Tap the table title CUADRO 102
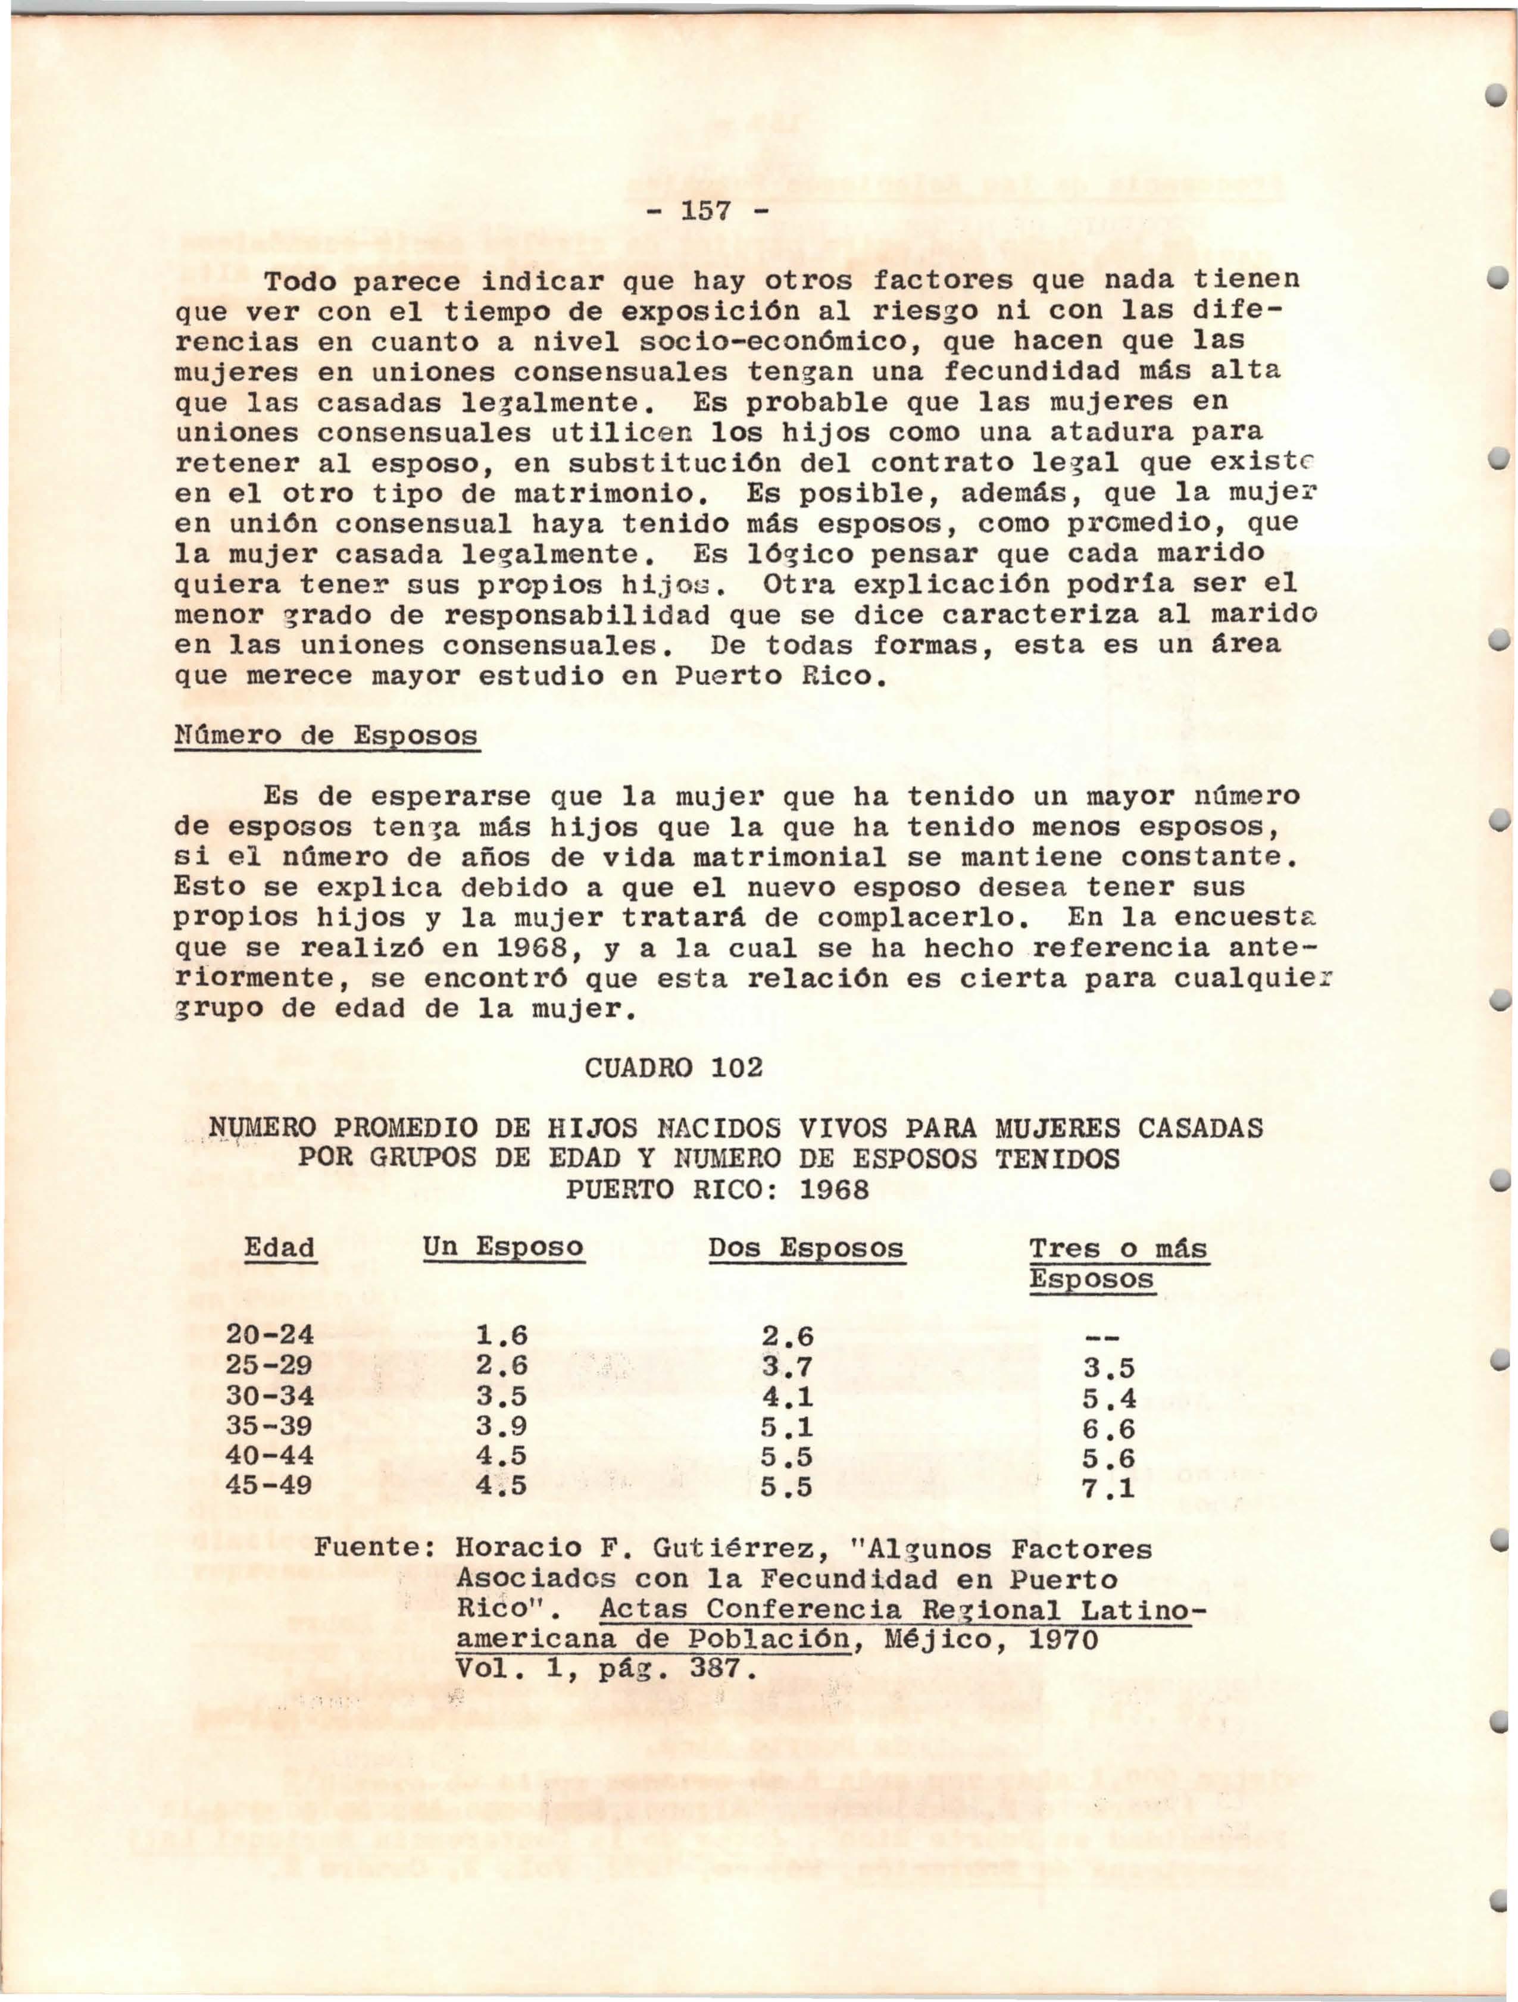673,1068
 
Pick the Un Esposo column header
502,1248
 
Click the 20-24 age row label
270,1335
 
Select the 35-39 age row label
270,1427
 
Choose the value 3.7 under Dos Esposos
786,1366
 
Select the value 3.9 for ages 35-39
501,1427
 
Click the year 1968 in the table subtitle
833,1189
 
